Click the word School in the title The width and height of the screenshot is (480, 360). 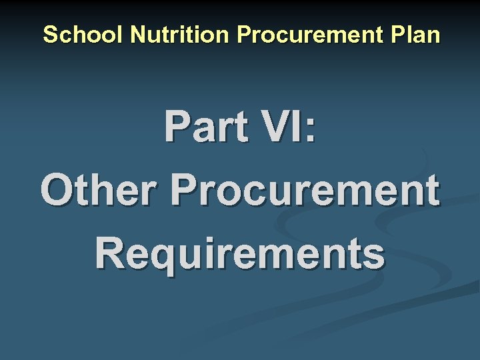click(84, 34)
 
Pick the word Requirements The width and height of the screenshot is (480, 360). click(240, 253)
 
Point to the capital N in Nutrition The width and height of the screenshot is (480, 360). click(138, 34)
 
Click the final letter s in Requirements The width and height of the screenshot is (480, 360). click(374, 255)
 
